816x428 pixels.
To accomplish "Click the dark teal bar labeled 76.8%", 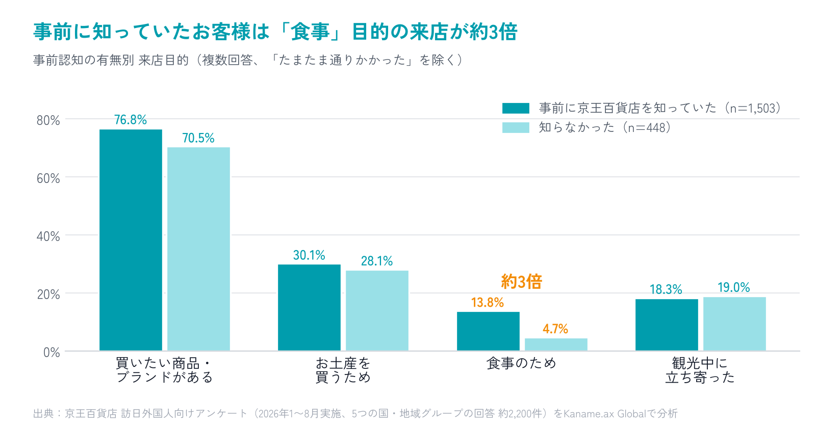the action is pyautogui.click(x=131, y=240).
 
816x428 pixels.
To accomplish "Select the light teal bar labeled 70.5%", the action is pyautogui.click(x=198, y=249).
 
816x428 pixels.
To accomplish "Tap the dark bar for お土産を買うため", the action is pyautogui.click(x=309, y=308).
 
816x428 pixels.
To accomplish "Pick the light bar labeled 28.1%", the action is pyautogui.click(x=377, y=311).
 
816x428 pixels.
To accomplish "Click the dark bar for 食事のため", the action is pyautogui.click(x=488, y=331).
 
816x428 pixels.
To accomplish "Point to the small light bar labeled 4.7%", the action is pyautogui.click(x=556, y=344).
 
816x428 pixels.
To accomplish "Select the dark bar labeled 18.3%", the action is pyautogui.click(x=667, y=325).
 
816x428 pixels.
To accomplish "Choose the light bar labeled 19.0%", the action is pyautogui.click(x=734, y=324).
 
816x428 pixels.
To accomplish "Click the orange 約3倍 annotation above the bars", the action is pyautogui.click(x=522, y=282).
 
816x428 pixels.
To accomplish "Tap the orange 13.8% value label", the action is pyautogui.click(x=488, y=303).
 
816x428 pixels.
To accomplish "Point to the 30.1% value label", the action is pyautogui.click(x=309, y=255).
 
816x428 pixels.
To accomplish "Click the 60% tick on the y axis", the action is pyautogui.click(x=48, y=178).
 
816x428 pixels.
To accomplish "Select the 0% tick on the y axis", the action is pyautogui.click(x=52, y=352).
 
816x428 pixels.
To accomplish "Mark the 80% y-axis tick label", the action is pyautogui.click(x=48, y=120).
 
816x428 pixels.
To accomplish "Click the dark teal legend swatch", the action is pyautogui.click(x=516, y=108).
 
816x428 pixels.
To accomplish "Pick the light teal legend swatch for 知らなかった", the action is pyautogui.click(x=516, y=127).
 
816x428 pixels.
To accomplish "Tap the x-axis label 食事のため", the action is pyautogui.click(x=521, y=363).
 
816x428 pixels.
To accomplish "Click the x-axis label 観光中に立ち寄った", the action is pyautogui.click(x=700, y=370).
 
